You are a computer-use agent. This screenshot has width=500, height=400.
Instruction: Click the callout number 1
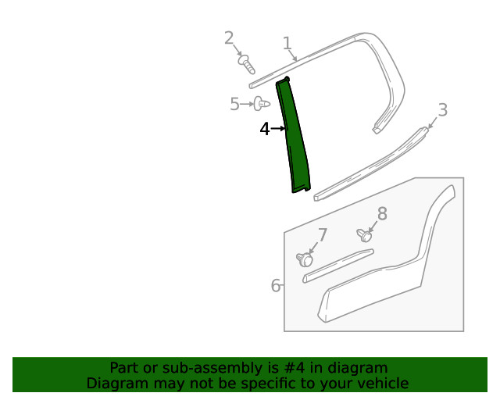(x=287, y=43)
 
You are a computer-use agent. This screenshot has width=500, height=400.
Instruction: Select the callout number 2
(x=229, y=38)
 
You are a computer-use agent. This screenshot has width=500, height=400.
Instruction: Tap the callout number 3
(x=443, y=109)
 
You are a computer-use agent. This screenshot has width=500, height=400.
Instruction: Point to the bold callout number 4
(x=265, y=129)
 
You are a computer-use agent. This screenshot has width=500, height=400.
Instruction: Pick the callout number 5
(x=234, y=104)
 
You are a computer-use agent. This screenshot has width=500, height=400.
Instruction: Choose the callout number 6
(x=276, y=285)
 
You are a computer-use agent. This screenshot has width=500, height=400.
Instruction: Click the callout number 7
(x=323, y=235)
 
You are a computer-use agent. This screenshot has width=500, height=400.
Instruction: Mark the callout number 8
(x=382, y=213)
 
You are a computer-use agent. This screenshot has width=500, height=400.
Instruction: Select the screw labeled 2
(x=247, y=64)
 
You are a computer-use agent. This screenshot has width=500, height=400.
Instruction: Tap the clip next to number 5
(x=262, y=104)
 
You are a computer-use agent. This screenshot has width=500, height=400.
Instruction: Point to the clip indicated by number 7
(x=305, y=259)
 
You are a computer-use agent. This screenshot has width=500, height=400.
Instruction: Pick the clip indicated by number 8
(x=365, y=235)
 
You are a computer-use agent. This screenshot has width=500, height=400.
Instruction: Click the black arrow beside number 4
(x=278, y=129)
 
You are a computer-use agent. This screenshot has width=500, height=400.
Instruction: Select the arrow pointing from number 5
(x=247, y=104)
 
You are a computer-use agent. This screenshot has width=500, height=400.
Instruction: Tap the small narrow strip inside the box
(x=338, y=266)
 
